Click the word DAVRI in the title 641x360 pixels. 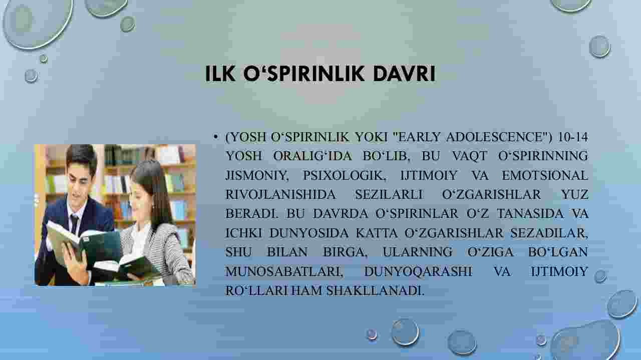(404, 74)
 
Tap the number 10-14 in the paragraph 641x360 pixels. (573, 137)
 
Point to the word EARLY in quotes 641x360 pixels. (419, 137)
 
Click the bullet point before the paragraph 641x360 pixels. (215, 137)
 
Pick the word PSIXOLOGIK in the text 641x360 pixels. (344, 175)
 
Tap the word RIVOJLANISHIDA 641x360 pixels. (280, 195)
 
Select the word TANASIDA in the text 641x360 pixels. (530, 214)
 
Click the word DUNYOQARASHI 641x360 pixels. (418, 271)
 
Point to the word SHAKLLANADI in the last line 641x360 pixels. (376, 290)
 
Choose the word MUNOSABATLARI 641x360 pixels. (284, 271)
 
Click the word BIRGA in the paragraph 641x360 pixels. (345, 252)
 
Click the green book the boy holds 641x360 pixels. (83, 243)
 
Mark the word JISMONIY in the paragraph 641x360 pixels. (257, 175)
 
